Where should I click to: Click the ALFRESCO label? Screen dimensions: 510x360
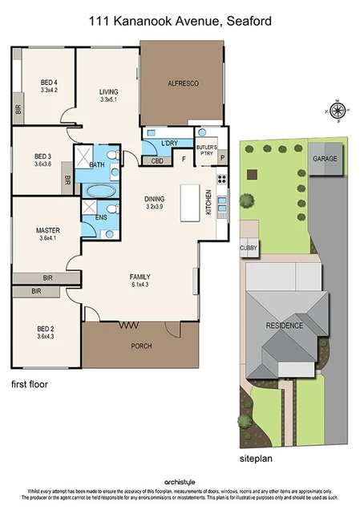[x=183, y=83]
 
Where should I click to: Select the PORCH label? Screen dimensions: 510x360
[x=140, y=346]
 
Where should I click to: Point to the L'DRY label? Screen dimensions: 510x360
[x=169, y=143]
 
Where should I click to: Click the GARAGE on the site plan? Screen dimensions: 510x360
[x=325, y=159]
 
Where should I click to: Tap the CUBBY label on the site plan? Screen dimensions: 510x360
[x=248, y=249]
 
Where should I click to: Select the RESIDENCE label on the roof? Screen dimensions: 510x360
[x=285, y=326]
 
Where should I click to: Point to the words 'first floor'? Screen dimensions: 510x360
[x=30, y=384]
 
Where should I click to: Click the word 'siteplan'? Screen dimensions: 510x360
[x=257, y=460]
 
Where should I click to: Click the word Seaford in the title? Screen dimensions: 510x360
[x=245, y=22]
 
